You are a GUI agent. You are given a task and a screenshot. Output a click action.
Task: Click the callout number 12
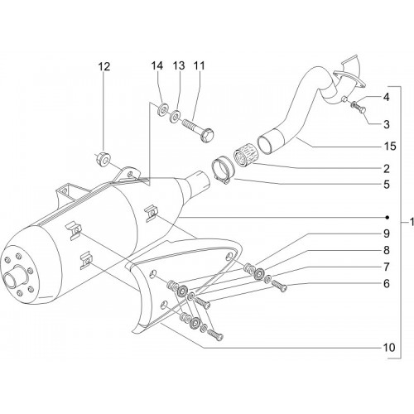(104, 66)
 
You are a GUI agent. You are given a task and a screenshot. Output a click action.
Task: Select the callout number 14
(156, 66)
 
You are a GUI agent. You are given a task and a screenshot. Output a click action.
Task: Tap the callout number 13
(179, 66)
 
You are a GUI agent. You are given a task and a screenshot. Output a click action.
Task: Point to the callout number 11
(200, 66)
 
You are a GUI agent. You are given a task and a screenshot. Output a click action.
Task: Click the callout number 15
(390, 147)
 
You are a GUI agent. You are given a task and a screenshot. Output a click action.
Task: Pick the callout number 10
(389, 348)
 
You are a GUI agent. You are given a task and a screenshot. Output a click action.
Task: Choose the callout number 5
(387, 185)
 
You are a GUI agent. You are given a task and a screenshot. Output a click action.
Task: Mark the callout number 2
(387, 169)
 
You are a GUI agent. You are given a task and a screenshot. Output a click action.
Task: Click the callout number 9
(387, 233)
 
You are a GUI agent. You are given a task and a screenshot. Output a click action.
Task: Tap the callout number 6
(387, 283)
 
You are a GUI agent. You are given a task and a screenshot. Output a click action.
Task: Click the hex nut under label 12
(104, 160)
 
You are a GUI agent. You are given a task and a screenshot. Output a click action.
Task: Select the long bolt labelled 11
(198, 130)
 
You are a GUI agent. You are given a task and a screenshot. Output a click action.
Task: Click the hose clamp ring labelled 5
(223, 171)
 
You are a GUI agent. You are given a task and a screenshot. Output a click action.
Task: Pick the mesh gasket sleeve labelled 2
(244, 157)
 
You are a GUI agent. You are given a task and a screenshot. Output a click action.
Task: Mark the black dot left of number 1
(388, 218)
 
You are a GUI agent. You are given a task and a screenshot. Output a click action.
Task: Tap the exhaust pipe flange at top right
(349, 79)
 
